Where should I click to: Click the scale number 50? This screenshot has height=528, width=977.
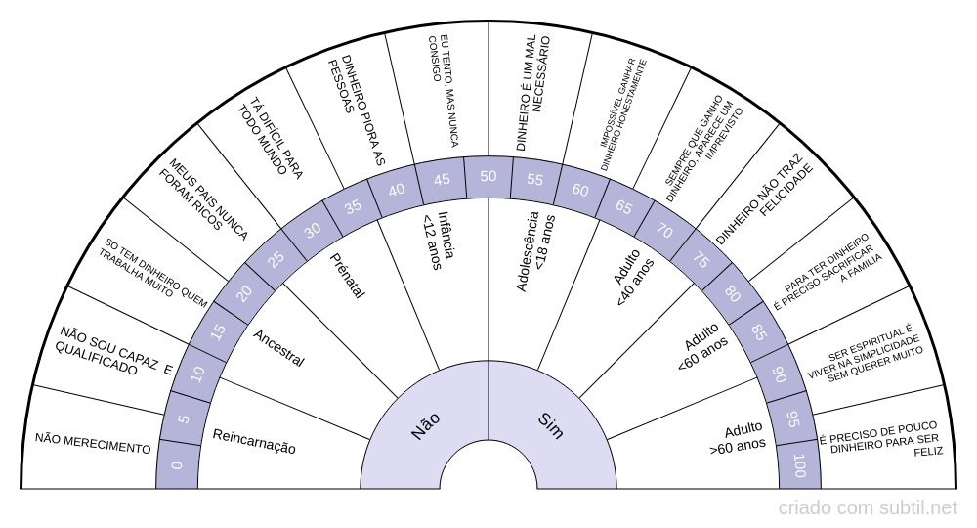488,176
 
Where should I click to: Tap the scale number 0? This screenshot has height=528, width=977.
177,465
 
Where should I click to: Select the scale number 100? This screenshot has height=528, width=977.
799,465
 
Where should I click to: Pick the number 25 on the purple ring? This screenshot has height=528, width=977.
276,258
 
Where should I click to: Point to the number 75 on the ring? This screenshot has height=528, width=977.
701,259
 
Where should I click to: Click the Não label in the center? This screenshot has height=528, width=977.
426,426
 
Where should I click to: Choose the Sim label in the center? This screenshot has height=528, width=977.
550,425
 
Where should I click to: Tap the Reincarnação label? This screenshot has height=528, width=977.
254,441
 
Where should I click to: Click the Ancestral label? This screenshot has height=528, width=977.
278,348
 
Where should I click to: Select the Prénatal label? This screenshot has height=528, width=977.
347,276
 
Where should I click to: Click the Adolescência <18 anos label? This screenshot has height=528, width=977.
534,251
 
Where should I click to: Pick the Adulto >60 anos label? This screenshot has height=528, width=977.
738,437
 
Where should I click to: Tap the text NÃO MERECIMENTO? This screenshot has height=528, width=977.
93,443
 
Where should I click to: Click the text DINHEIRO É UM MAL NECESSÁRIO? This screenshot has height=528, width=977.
534,93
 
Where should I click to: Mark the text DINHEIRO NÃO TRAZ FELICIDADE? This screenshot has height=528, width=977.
765,197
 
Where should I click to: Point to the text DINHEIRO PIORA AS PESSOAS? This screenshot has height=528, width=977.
357,110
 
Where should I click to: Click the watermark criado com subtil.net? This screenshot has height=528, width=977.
868,508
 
